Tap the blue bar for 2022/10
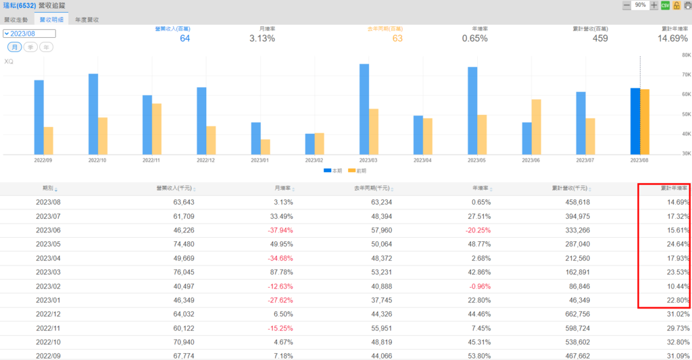click(93, 114)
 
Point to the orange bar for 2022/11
click(157, 129)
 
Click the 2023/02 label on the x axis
click(314, 161)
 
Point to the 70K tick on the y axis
click(685, 75)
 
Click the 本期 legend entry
click(332, 171)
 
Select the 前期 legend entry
click(357, 171)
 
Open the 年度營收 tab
click(87, 20)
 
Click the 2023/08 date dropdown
click(29, 33)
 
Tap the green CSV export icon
click(665, 5)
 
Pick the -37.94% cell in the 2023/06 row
click(278, 230)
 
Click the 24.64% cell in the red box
click(676, 244)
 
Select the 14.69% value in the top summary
click(672, 38)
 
